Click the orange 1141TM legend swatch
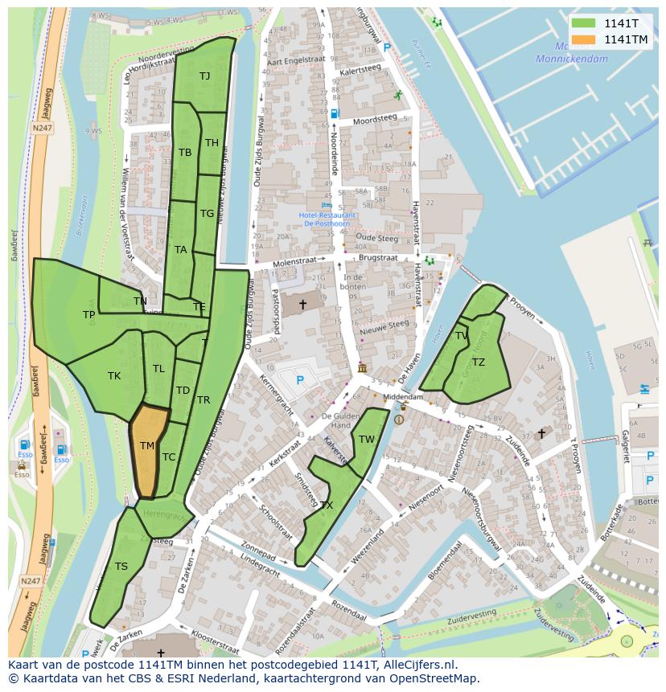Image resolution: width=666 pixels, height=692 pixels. click(x=584, y=39)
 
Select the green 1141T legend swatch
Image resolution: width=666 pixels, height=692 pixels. click(x=584, y=23)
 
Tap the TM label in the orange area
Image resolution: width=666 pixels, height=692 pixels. click(x=146, y=445)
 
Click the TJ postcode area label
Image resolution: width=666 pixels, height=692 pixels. click(x=205, y=76)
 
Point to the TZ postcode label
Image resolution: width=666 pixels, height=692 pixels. click(x=479, y=362)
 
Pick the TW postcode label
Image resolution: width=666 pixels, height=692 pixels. click(x=367, y=439)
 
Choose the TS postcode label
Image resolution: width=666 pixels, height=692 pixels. click(x=121, y=566)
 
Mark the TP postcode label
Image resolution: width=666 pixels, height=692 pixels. click(x=88, y=315)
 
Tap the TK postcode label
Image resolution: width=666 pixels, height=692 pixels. click(x=114, y=375)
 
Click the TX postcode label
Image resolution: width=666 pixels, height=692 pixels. click(x=327, y=506)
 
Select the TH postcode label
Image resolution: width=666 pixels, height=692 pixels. click(x=212, y=143)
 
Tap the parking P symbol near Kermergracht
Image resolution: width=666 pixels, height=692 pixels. click(x=300, y=380)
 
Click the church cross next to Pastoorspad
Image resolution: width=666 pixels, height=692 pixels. click(x=302, y=305)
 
